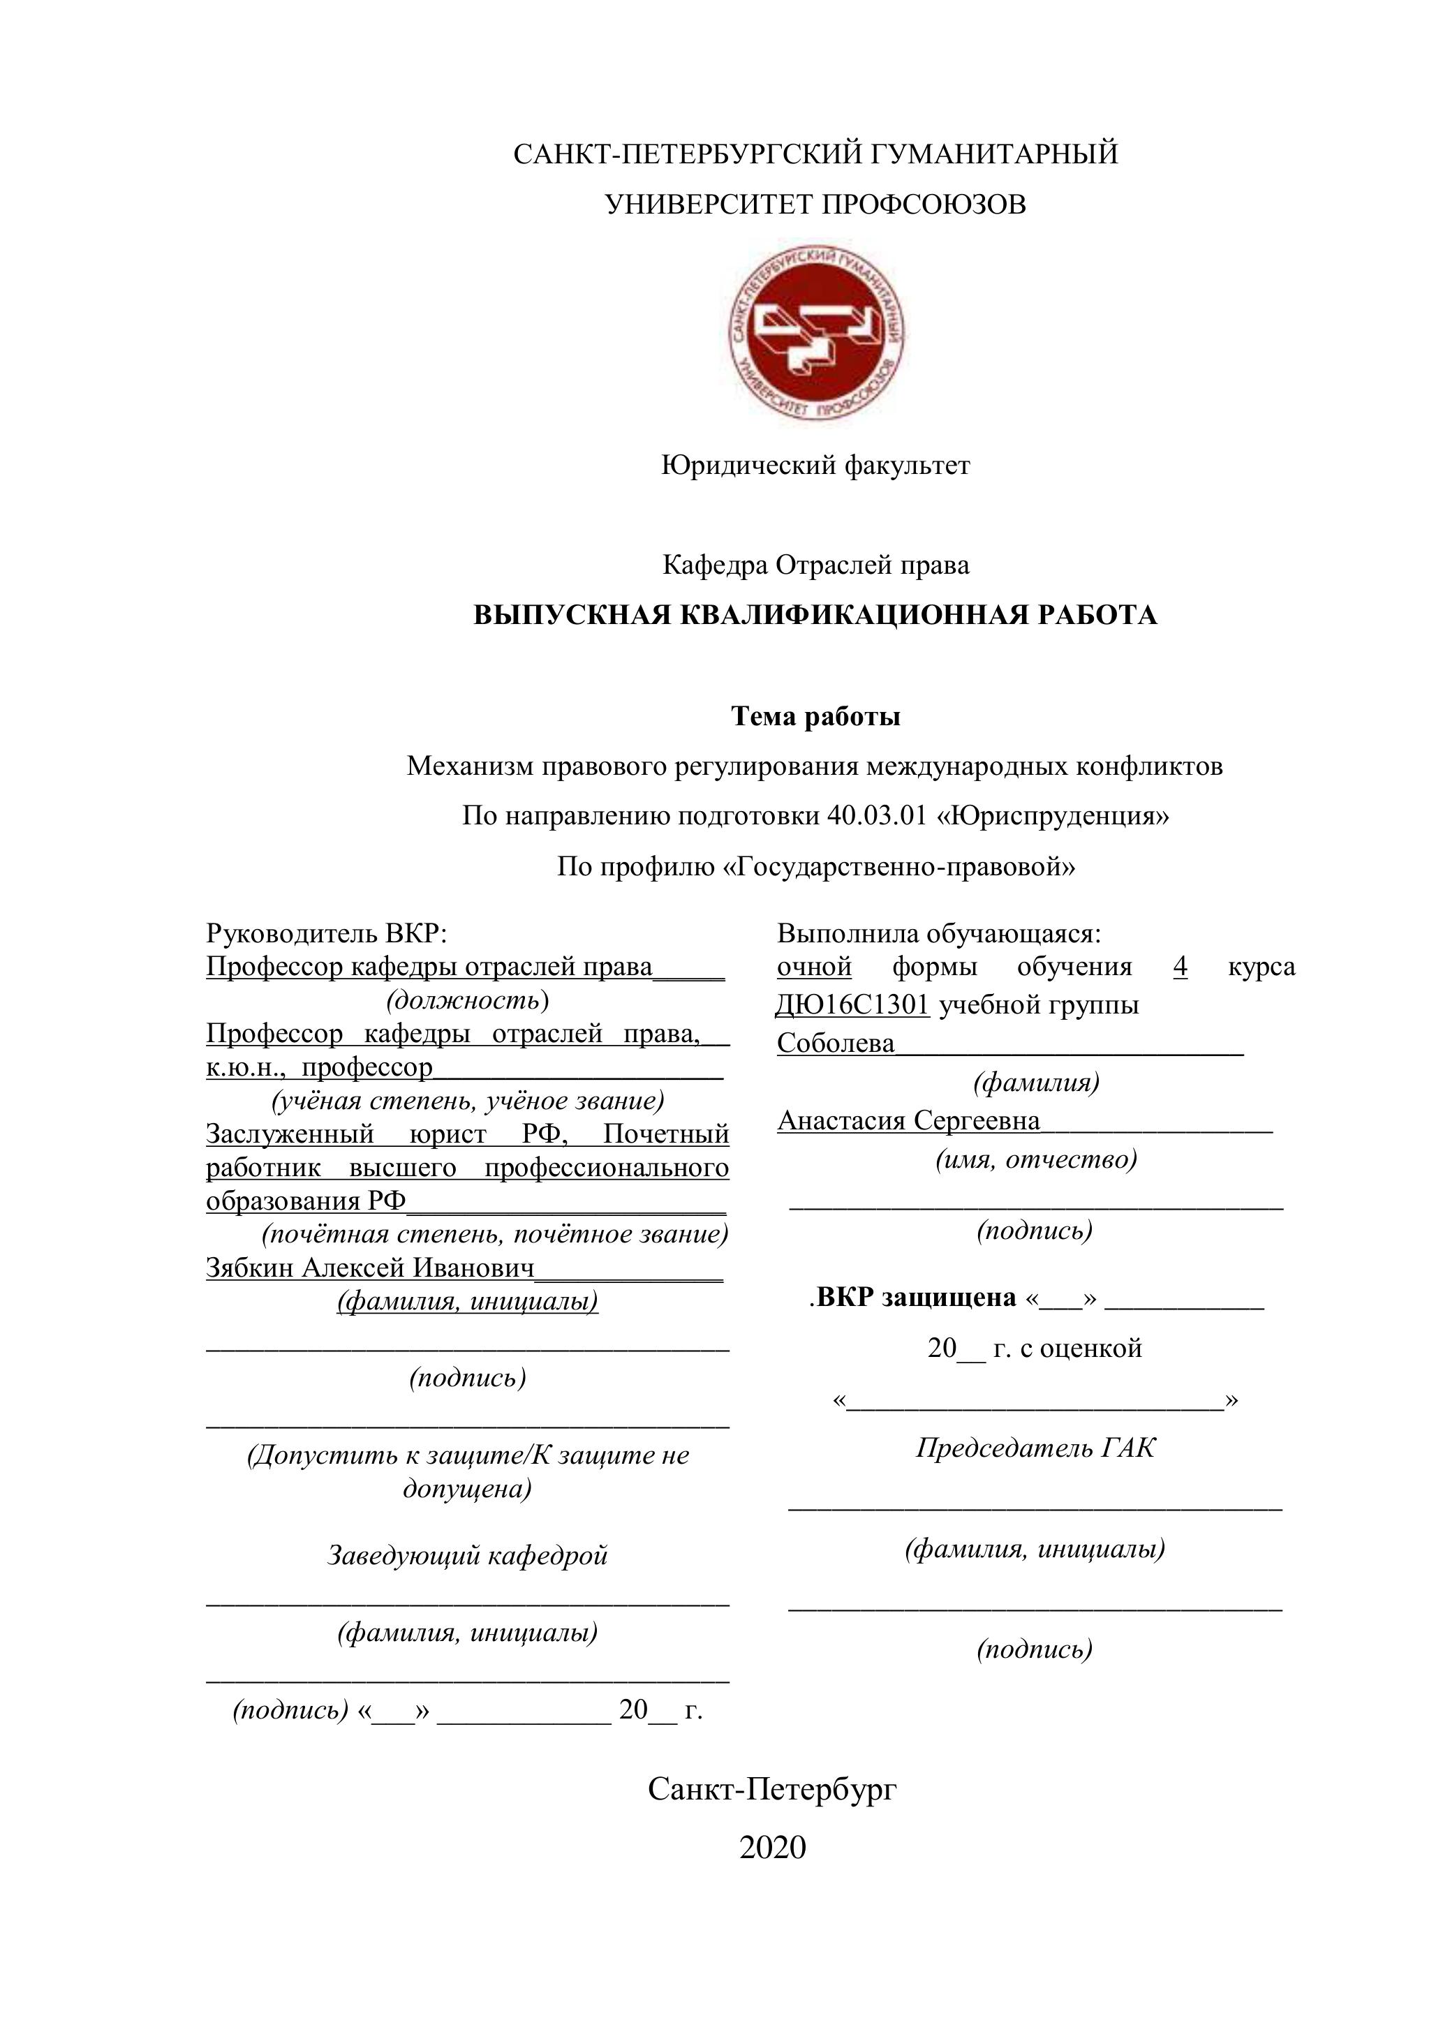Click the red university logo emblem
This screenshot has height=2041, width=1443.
tap(815, 331)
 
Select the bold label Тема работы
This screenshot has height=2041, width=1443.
tap(815, 716)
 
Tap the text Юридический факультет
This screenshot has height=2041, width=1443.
tap(815, 465)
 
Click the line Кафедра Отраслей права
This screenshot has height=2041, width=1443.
tap(815, 565)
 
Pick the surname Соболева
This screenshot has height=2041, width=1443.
tap(836, 1043)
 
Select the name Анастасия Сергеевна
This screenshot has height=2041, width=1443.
tap(909, 1121)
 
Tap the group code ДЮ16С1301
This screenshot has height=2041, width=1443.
tap(852, 1005)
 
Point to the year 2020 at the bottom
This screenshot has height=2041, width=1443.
tap(773, 1847)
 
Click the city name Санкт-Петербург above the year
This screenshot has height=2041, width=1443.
tap(773, 1788)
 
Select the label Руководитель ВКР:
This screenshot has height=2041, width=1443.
tap(326, 933)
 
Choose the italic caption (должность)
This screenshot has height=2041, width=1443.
tap(467, 1000)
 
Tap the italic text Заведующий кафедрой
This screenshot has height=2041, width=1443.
tap(468, 1556)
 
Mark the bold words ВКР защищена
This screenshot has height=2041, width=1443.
tap(916, 1298)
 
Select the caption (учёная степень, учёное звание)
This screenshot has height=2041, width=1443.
tap(468, 1101)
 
